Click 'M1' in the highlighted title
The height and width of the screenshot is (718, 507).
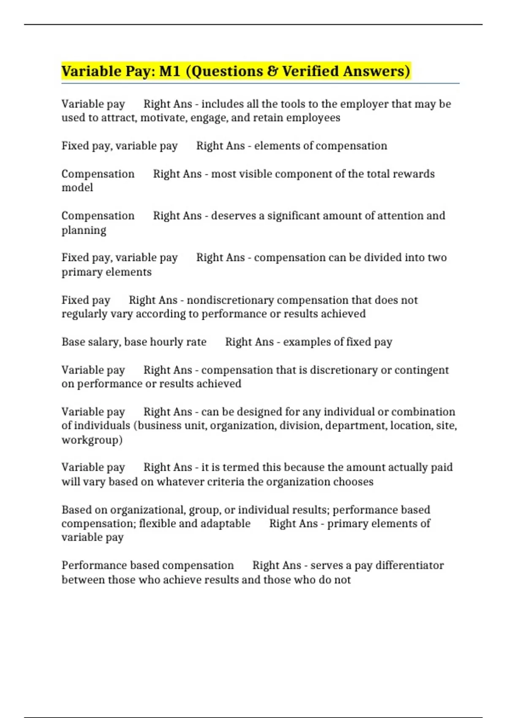coord(170,71)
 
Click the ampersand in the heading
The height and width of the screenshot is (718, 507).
coord(273,71)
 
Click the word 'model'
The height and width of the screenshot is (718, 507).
coord(77,188)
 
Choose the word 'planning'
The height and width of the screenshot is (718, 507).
coord(84,230)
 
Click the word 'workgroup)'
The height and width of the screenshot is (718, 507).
coord(92,440)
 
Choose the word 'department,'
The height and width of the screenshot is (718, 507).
coord(356,425)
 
